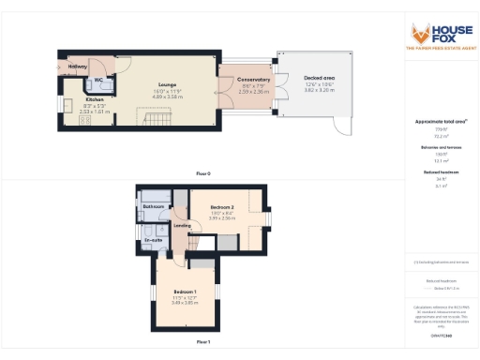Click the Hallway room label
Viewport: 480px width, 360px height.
click(x=78, y=67)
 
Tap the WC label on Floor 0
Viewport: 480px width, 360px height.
click(x=98, y=82)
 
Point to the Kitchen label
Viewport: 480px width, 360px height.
click(x=95, y=99)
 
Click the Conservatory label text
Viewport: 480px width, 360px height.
click(x=254, y=81)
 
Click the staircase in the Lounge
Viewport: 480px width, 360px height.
click(x=153, y=119)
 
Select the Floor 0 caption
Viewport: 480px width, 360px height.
click(x=202, y=174)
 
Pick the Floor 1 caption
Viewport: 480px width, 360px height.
click(x=202, y=343)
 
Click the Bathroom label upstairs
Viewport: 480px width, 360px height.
click(x=154, y=206)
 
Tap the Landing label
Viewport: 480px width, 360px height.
click(x=183, y=225)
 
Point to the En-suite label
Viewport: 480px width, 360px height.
click(x=153, y=240)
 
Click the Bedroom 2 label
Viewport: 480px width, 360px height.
click(x=221, y=206)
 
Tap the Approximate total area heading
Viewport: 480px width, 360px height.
click(x=441, y=122)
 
